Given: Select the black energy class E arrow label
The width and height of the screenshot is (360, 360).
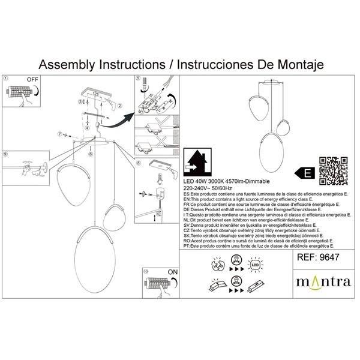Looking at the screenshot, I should point(306,173).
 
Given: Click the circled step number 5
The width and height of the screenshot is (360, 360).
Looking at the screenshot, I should point(137,79).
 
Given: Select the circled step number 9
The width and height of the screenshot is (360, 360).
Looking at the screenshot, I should point(6,154).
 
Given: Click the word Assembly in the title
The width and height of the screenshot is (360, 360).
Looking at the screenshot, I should point(69,64).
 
